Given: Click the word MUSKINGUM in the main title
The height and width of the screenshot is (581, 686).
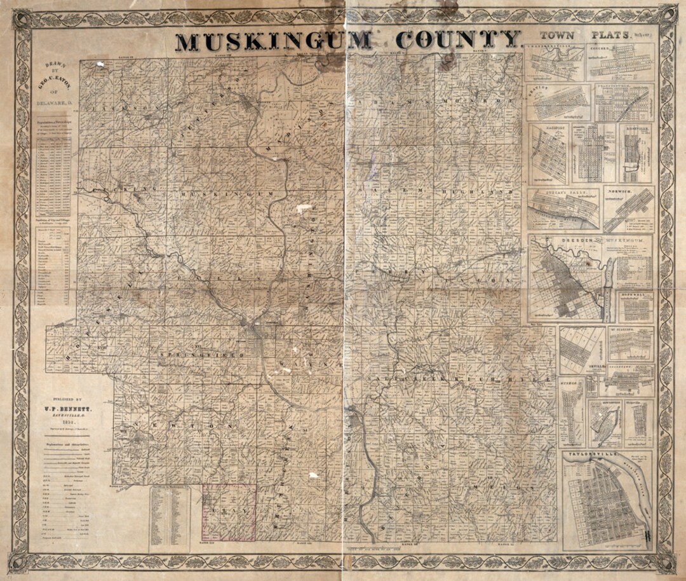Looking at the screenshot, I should pyautogui.click(x=273, y=41).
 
